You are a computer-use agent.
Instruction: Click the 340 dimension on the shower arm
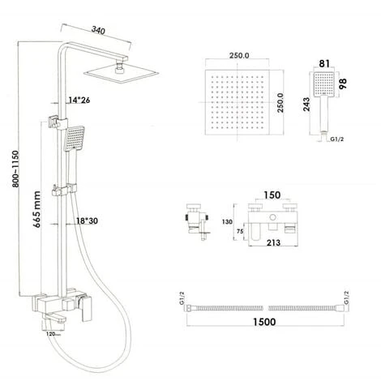pyautogui.click(x=98, y=30)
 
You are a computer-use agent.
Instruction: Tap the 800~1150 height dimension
pyautogui.click(x=15, y=169)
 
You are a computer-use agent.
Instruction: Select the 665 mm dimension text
pyautogui.click(x=37, y=209)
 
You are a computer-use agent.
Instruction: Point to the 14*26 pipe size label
pyautogui.click(x=79, y=101)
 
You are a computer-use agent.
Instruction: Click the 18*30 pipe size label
pyautogui.click(x=87, y=221)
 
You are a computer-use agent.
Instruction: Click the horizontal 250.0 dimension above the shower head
pyautogui.click(x=239, y=56)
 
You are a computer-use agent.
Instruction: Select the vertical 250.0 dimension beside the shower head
pyautogui.click(x=280, y=103)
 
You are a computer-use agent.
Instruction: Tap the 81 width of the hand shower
pyautogui.click(x=324, y=64)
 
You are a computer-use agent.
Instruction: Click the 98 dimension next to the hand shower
pyautogui.click(x=342, y=84)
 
